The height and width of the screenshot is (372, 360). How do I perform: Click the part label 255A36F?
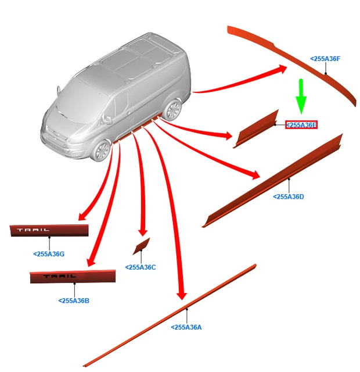tap(325, 59)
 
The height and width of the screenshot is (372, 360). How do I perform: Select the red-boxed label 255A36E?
tap(301, 125)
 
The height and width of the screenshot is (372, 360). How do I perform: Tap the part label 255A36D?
tap(288, 196)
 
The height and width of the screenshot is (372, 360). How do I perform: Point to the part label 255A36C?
tap(141, 267)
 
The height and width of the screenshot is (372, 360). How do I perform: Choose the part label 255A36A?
tap(186, 327)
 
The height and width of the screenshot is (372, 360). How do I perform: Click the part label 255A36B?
tap(74, 301)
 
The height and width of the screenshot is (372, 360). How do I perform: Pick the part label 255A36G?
tap(49, 254)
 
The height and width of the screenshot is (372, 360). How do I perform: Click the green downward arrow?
tap(301, 96)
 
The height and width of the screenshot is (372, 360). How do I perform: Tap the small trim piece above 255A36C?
tap(141, 246)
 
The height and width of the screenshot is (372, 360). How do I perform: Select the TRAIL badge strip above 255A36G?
tap(49, 230)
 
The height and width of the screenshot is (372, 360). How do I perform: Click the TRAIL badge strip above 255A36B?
tap(73, 277)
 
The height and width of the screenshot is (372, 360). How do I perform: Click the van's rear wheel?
tap(173, 110)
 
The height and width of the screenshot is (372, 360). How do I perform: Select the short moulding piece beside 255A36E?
tap(256, 129)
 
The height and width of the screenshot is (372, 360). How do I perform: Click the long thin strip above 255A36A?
tap(170, 315)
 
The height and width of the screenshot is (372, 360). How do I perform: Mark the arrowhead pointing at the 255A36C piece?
tap(142, 233)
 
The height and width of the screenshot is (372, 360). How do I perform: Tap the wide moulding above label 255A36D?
tap(272, 180)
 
